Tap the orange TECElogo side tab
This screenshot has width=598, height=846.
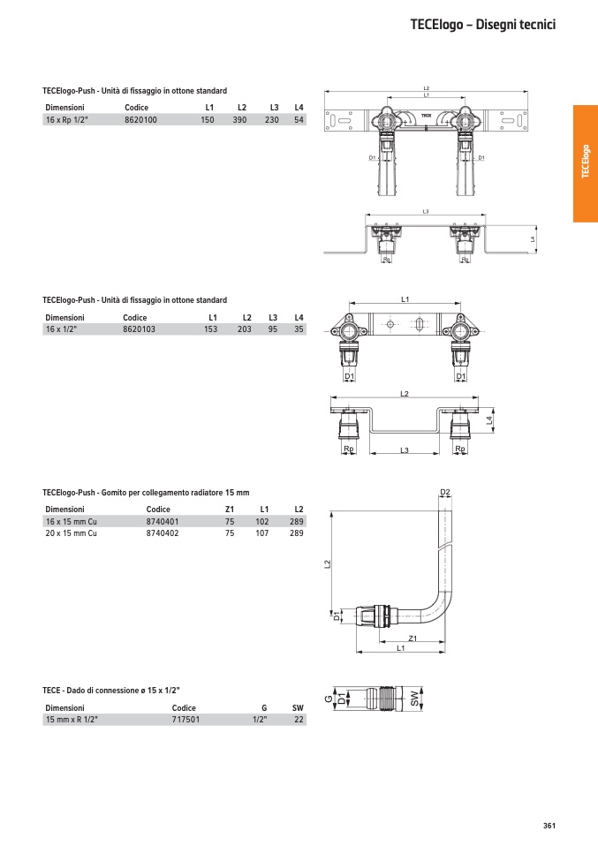(585, 163)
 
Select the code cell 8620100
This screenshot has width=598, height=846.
(140, 119)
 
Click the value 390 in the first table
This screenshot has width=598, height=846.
(239, 119)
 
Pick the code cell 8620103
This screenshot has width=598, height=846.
(139, 329)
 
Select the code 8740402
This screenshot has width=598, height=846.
(162, 534)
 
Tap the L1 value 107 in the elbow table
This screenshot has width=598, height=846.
(261, 534)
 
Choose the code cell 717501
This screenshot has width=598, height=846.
(185, 720)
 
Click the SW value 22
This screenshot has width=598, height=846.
(299, 720)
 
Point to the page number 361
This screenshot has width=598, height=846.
(549, 826)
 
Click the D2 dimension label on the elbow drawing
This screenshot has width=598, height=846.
(445, 492)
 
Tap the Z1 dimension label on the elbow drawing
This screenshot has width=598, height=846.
(412, 638)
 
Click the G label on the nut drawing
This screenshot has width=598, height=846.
(327, 699)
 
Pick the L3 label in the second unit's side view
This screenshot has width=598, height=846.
(404, 450)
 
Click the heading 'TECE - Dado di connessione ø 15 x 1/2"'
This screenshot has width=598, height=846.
(117, 689)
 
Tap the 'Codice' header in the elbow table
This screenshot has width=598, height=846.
(158, 510)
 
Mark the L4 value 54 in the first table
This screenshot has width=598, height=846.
(299, 119)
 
